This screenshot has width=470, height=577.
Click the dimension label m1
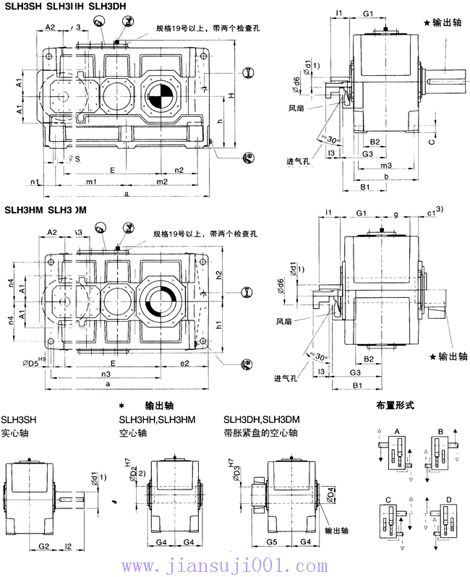[91, 181]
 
